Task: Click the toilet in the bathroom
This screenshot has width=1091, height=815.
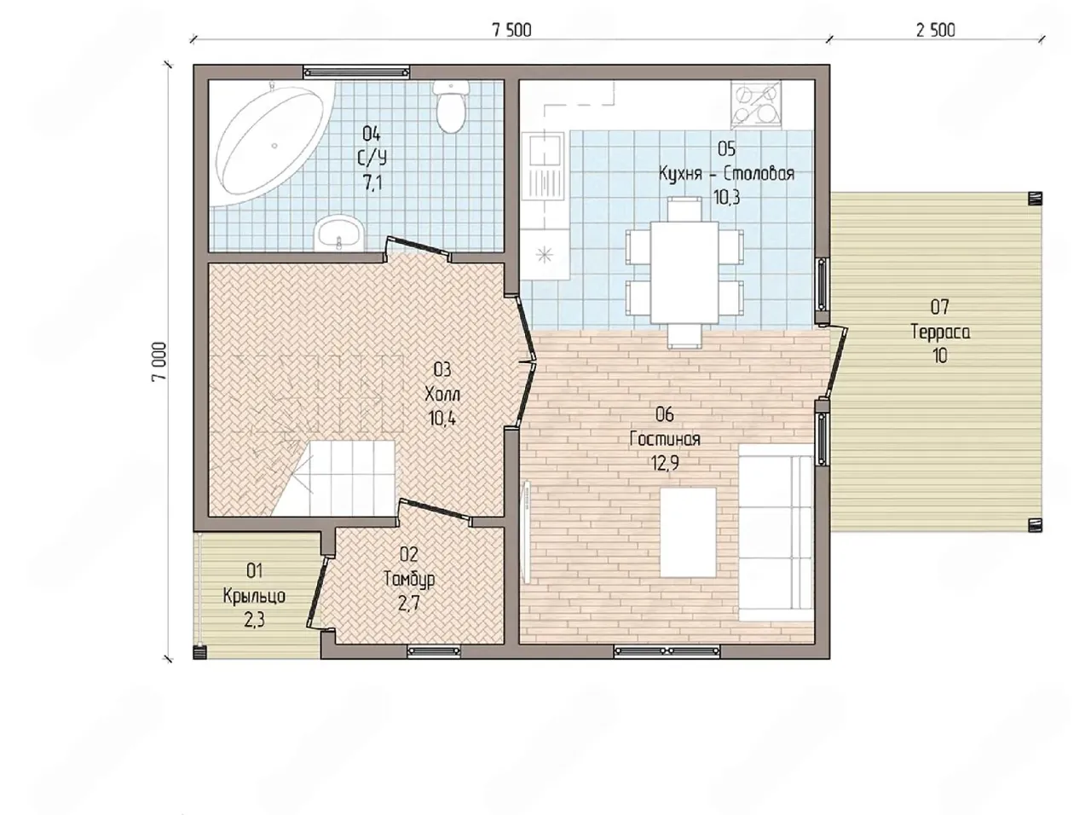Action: pyautogui.click(x=451, y=107)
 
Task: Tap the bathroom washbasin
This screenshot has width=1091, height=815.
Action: pyautogui.click(x=339, y=233)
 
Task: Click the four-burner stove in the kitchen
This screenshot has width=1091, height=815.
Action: pyautogui.click(x=755, y=106)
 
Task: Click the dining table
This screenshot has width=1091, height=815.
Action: pyautogui.click(x=684, y=272)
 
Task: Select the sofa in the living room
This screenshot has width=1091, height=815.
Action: pyautogui.click(x=776, y=532)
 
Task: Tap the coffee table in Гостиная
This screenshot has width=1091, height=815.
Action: pyautogui.click(x=688, y=532)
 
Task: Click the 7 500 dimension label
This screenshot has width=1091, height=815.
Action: pyautogui.click(x=511, y=31)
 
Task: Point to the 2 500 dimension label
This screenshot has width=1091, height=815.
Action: pyautogui.click(x=935, y=31)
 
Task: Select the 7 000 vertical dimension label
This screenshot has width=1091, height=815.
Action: pyautogui.click(x=160, y=361)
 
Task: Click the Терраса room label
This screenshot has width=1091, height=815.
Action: pyautogui.click(x=940, y=332)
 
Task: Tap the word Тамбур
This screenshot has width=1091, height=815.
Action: pyautogui.click(x=409, y=579)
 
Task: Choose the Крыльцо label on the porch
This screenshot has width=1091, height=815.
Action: pyautogui.click(x=254, y=595)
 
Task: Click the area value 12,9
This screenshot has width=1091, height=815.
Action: pyautogui.click(x=665, y=463)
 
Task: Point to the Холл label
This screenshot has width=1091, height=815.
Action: pyautogui.click(x=442, y=395)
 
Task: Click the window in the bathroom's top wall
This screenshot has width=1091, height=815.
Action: pyautogui.click(x=357, y=72)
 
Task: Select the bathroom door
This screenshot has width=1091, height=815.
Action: pyautogui.click(x=419, y=247)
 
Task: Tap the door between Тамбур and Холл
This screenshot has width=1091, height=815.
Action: pyautogui.click(x=435, y=511)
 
